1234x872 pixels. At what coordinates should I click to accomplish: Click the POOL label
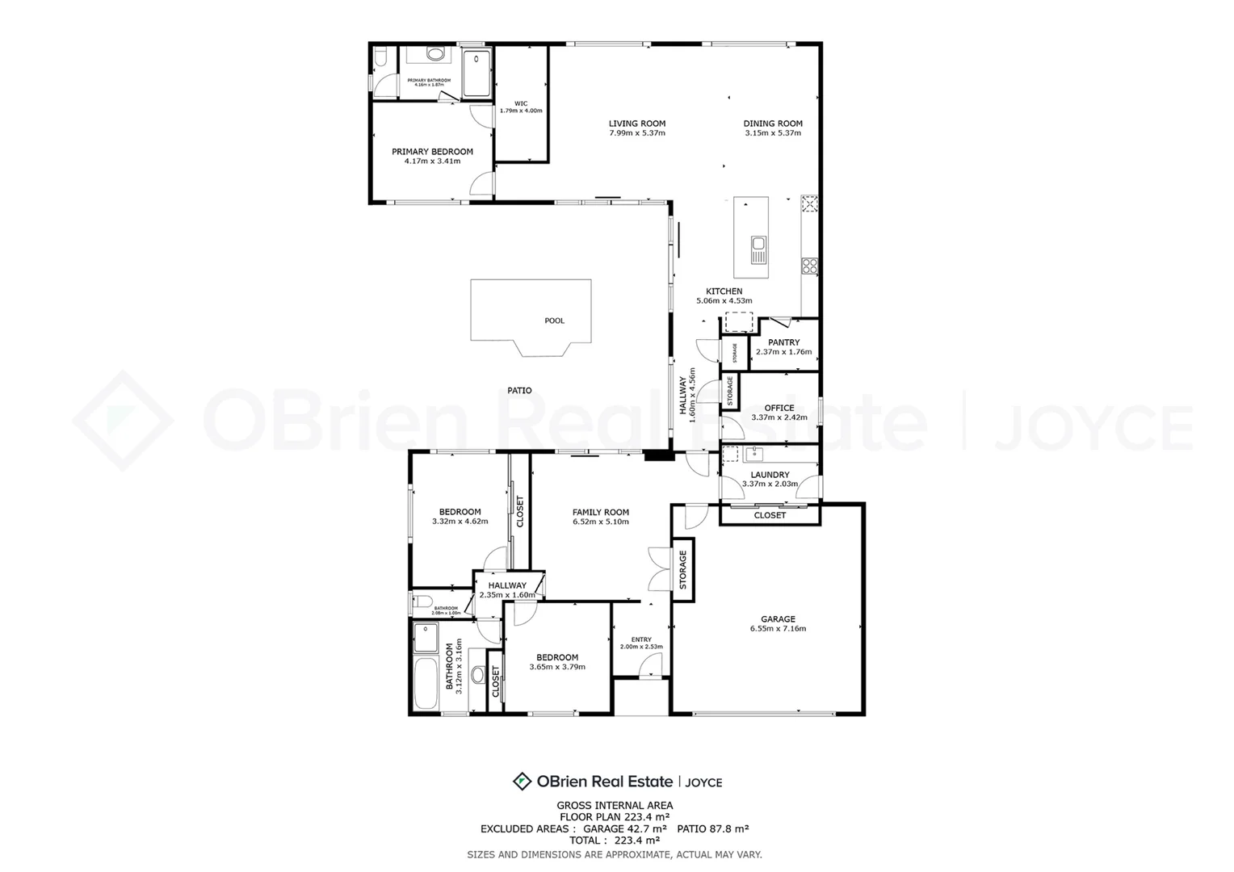coord(554,321)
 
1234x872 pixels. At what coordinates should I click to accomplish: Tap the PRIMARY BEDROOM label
coord(432,152)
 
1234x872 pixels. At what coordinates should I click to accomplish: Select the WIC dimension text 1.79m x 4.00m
coord(521,111)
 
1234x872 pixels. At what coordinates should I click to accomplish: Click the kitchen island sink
coord(758,244)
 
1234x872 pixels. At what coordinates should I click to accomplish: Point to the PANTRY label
coord(783,342)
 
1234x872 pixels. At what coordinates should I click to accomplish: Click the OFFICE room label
coord(779,408)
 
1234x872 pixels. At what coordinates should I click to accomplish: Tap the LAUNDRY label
coord(770,475)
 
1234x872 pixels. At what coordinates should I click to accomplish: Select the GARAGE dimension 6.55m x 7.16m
coord(778,629)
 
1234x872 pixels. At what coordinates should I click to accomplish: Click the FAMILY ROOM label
coord(600,512)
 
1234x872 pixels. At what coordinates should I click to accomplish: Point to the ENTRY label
coord(641,639)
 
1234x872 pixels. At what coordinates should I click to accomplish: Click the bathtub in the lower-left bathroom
coord(425,683)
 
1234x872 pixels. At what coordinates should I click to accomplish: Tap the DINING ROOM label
coord(773,124)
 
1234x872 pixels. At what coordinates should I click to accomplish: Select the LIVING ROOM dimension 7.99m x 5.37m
coord(637,133)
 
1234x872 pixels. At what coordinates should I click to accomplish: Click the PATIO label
coord(519,391)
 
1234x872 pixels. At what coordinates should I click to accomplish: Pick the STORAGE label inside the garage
coord(682,569)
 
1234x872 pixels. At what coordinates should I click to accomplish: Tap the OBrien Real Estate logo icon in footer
coord(522,781)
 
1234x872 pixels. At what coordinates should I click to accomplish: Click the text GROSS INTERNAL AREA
coord(615,805)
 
